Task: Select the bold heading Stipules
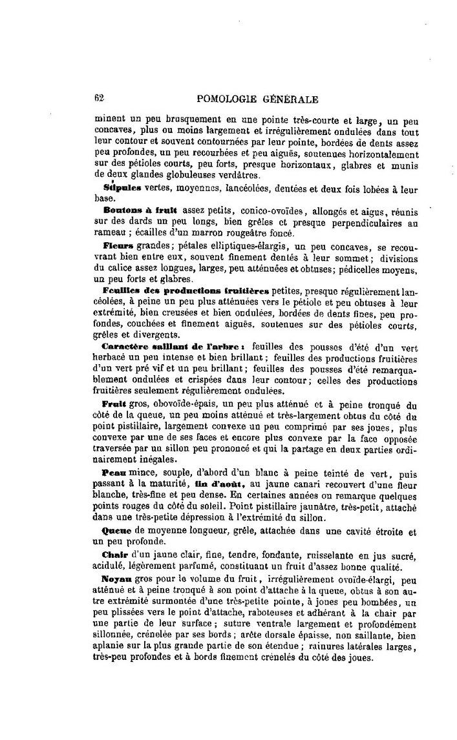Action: point(122,189)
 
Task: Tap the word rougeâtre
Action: point(239,233)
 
